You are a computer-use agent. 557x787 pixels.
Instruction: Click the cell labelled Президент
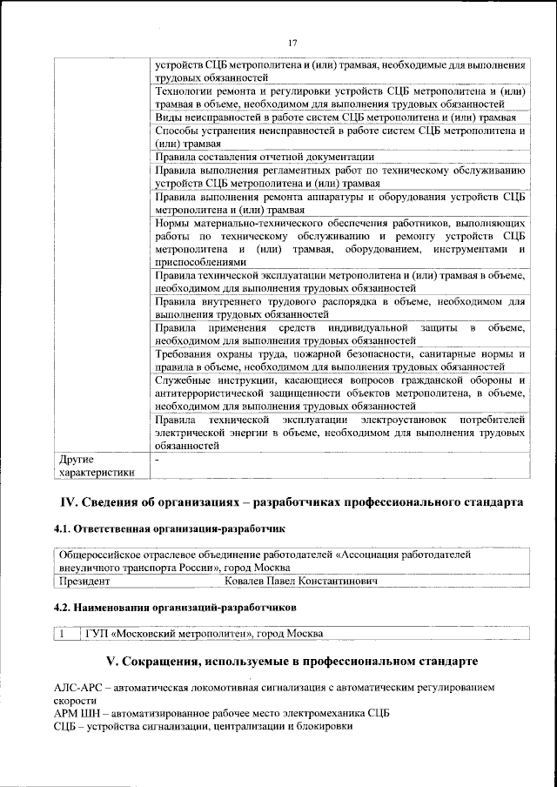[84, 579]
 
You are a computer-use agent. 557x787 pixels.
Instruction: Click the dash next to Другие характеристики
[157, 458]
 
